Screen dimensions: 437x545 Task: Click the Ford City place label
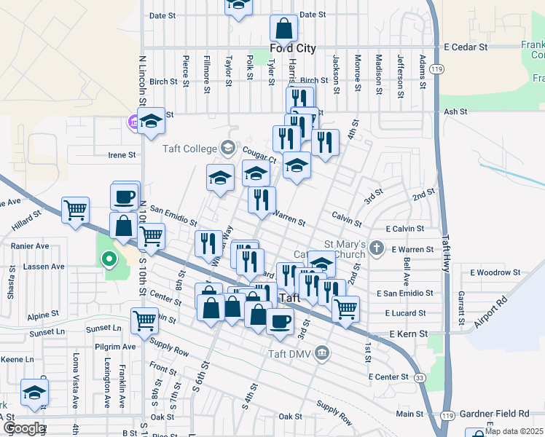click(294, 48)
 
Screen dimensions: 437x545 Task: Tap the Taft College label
click(189, 148)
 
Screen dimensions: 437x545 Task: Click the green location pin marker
click(109, 258)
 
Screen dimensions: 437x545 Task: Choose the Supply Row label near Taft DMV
click(334, 412)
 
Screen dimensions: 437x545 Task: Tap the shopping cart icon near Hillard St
click(75, 210)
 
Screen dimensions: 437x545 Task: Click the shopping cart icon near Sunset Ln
click(144, 319)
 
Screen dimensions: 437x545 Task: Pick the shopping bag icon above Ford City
click(284, 28)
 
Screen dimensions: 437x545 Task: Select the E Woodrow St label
click(495, 272)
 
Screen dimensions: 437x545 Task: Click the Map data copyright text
click(514, 431)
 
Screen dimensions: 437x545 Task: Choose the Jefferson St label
click(400, 71)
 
